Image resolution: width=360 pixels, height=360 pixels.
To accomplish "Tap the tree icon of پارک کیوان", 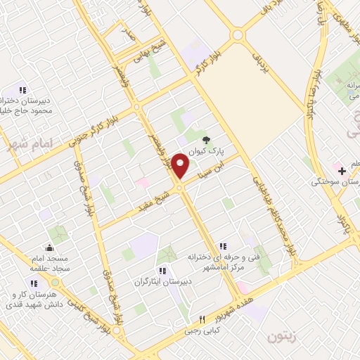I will [206, 140].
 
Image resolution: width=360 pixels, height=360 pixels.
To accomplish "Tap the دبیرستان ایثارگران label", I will [162, 281].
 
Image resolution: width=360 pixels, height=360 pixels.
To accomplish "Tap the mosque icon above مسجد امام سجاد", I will [49, 247].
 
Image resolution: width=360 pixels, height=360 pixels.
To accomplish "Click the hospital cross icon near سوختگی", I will [342, 171].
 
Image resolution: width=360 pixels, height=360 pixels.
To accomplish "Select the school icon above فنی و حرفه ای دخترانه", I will [222, 246].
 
